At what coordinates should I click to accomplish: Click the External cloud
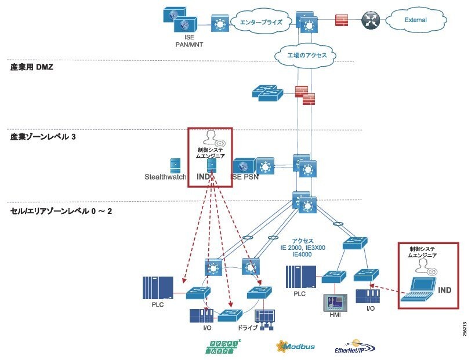click(415, 20)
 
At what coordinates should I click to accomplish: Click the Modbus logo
click(296, 346)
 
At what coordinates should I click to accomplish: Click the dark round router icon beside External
click(369, 20)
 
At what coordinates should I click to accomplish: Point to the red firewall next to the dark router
click(342, 20)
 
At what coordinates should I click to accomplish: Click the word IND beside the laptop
click(444, 289)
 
